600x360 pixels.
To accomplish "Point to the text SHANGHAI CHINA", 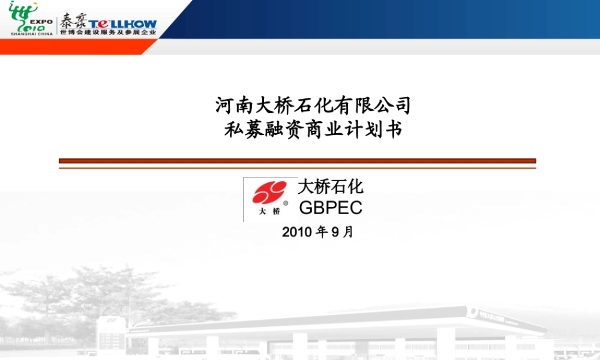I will pos(31,34).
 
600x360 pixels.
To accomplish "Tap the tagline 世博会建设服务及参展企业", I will pos(108,32).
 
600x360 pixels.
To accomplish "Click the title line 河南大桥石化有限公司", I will pos(313,106).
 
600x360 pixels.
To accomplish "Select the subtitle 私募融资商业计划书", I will pos(313,130).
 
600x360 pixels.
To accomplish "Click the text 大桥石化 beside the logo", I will pos(331,187).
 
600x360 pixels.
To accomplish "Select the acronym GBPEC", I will pos(331,208).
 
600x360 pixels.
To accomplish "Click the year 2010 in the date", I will pos(296,232).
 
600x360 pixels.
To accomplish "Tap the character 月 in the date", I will pos(348,232).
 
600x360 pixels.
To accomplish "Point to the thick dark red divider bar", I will pos(297,161).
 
